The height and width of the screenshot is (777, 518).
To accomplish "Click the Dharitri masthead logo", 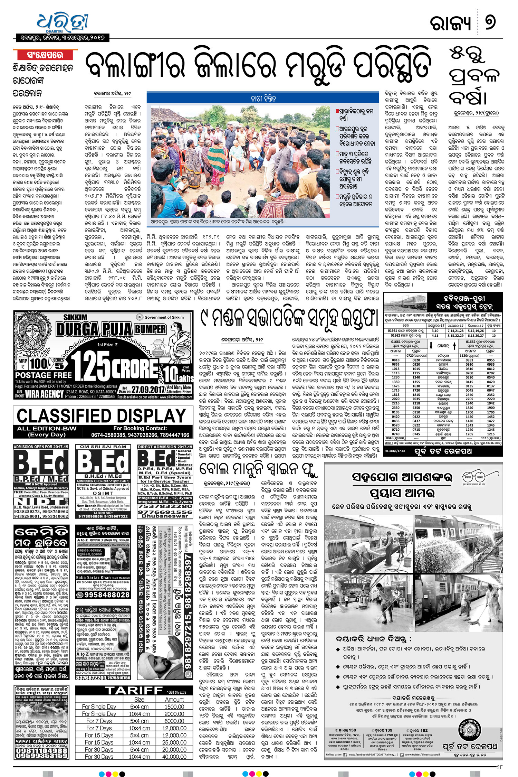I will coord(62,21).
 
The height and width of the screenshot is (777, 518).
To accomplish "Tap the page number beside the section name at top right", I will coord(490,22).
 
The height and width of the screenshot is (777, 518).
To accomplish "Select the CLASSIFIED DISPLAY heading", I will coord(101,416).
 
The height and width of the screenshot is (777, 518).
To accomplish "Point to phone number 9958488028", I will coord(103,595).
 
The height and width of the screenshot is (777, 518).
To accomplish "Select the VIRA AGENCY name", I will coord(44,394).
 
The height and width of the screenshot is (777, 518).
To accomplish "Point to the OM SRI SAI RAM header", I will coord(103,447).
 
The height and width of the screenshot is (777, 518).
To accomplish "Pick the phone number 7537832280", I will coord(165,506).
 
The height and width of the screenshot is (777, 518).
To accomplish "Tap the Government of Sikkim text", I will coord(164,317).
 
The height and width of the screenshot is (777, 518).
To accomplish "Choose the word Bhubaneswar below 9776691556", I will coord(165,516).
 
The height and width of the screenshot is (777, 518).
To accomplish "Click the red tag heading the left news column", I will coord(45,55).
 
